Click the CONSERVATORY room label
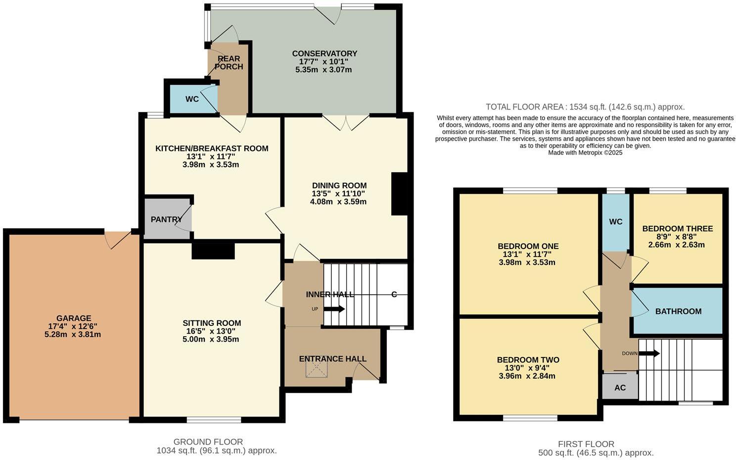[324, 53]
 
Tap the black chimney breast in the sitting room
[213, 251]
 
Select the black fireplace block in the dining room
[400, 194]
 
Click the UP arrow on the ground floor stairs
[335, 309]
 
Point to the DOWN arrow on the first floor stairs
[649, 354]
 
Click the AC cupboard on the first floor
[620, 388]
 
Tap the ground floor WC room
[192, 99]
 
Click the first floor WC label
[616, 222]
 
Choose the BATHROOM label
[678, 311]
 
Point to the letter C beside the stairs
[394, 295]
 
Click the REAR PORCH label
[229, 62]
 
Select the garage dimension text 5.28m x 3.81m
[73, 334]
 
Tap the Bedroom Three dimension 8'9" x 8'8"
[677, 237]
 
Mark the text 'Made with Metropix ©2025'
[585, 153]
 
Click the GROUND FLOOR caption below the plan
[208, 442]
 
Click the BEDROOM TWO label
[528, 360]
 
